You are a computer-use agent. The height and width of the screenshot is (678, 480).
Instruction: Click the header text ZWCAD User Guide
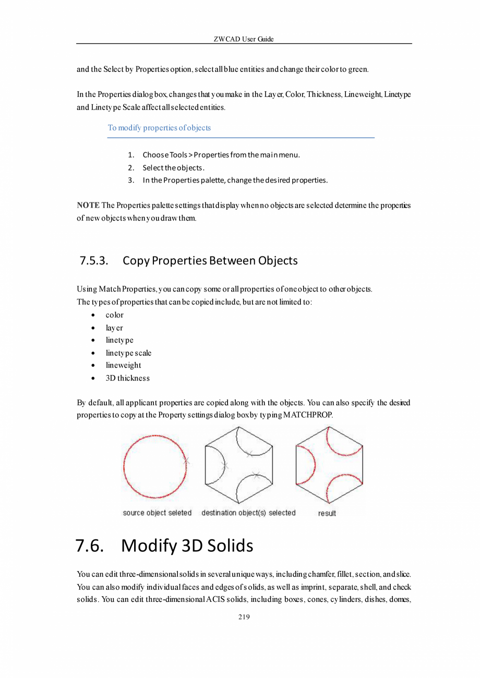(244, 39)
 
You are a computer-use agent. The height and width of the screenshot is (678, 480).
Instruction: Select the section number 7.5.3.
(94, 260)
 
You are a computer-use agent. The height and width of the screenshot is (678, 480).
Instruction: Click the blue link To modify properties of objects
(159, 128)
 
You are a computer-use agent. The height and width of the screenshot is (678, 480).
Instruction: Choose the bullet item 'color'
(115, 315)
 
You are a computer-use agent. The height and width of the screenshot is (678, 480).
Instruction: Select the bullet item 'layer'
(114, 328)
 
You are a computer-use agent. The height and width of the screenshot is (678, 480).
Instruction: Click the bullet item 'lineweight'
(123, 366)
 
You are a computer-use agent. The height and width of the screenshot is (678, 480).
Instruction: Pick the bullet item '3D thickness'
(127, 378)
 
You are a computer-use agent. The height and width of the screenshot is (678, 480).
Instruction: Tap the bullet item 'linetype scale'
(128, 353)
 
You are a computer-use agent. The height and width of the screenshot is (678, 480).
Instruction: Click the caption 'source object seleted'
(157, 513)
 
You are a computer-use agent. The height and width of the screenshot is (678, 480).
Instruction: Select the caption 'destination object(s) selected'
(248, 513)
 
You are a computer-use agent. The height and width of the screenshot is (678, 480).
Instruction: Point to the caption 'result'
(327, 514)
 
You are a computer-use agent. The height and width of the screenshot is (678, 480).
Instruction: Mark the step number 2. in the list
(131, 168)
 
